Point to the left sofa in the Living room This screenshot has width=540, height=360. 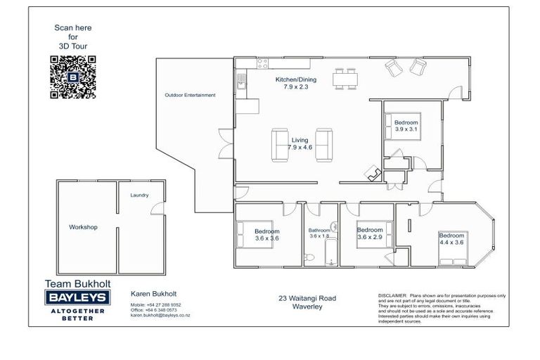(x=278, y=144)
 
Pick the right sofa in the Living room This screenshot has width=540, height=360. (x=324, y=144)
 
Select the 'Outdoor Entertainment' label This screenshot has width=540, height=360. (x=190, y=95)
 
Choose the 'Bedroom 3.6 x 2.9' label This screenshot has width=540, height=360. (x=369, y=233)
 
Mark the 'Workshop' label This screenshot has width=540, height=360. (x=82, y=227)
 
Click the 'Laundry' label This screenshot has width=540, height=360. (x=139, y=195)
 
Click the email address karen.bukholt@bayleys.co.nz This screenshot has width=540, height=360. (x=160, y=315)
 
